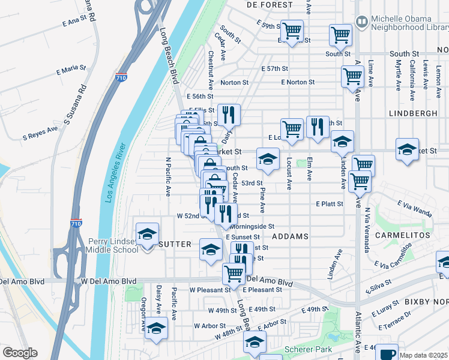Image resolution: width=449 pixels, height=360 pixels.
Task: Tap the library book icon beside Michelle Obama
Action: [362, 22]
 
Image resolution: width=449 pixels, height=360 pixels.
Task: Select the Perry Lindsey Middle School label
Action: [114, 245]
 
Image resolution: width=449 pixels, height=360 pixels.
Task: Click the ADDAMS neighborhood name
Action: [290, 236]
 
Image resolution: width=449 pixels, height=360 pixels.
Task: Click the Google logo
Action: [20, 353]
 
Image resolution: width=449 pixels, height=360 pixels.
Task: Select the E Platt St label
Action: [330, 204]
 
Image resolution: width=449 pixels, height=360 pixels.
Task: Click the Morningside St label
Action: [252, 227]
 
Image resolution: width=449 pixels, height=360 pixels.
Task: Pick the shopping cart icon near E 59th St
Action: [292, 29]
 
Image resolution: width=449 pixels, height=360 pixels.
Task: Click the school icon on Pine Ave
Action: [268, 158]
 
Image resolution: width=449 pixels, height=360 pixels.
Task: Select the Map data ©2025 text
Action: [423, 355]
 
